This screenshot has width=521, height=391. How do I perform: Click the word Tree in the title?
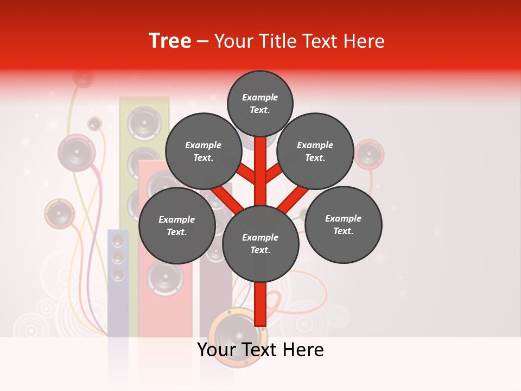tap(170, 41)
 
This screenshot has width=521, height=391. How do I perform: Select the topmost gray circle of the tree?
tap(260, 103)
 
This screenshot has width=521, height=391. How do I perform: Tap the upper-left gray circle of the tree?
tap(203, 151)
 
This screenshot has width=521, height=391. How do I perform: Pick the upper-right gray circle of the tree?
tap(315, 151)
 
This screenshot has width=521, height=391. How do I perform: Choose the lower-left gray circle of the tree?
tap(177, 225)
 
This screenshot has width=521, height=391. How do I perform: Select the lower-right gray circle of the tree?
tap(343, 224)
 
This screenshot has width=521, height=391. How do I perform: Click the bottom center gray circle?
tap(260, 243)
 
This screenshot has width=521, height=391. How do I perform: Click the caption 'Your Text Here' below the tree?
tap(260, 350)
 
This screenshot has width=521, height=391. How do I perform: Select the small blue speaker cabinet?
tap(118, 282)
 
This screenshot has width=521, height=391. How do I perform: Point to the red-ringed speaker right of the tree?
tap(370, 154)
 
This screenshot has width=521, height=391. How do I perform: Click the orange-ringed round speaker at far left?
tap(59, 213)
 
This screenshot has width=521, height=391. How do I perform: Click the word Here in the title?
tap(363, 41)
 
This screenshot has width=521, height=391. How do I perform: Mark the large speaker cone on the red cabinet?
tap(165, 277)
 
